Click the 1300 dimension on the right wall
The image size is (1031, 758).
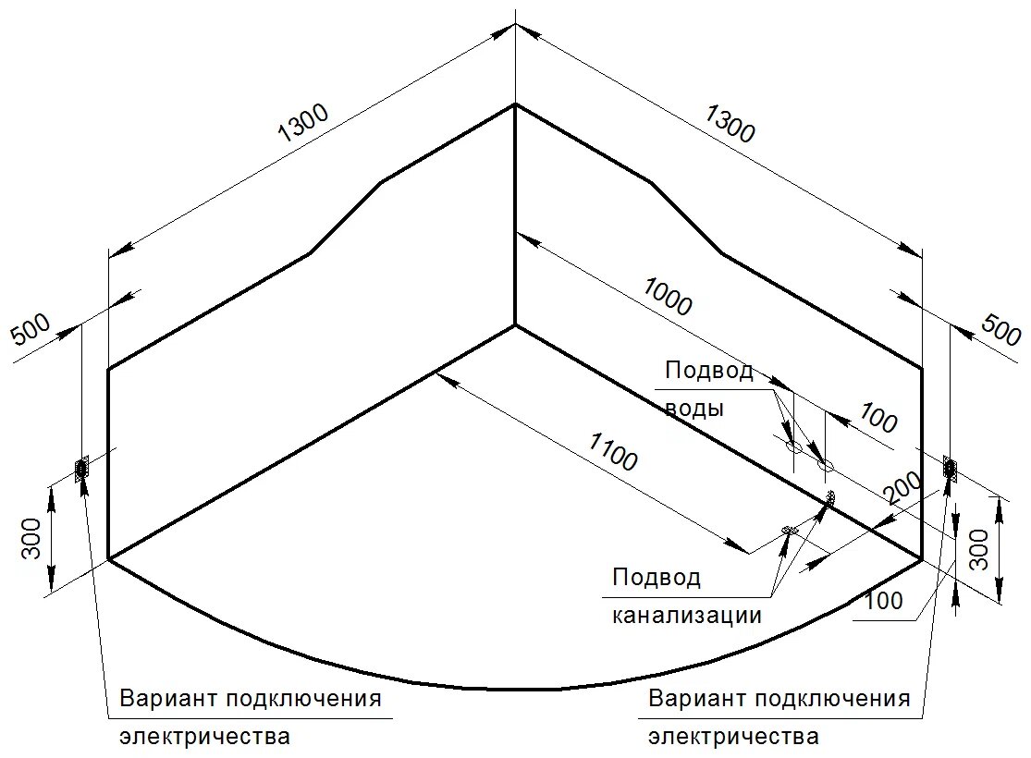730,124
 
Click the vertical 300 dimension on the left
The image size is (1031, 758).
31,537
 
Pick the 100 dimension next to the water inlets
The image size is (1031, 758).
878,419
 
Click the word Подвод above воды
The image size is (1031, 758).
709,372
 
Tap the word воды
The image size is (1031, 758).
693,408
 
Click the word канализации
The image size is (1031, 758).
686,615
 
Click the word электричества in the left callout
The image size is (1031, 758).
204,737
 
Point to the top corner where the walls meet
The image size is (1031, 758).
514,104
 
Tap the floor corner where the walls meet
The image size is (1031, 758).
514,325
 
